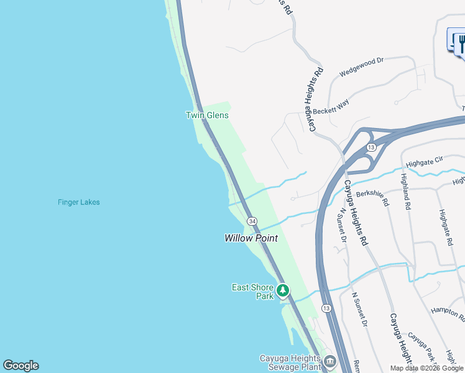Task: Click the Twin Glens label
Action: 207,115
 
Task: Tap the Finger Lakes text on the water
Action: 78,202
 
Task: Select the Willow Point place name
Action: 251,238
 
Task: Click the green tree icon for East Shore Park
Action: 283,290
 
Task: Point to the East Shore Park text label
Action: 252,292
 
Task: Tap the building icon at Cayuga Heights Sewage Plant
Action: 329,361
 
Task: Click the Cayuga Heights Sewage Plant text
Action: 290,362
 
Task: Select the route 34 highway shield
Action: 252,221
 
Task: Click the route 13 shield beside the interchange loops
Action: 371,147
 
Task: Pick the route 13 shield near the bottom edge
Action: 326,308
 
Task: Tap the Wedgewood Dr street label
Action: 362,67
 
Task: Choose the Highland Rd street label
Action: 407,191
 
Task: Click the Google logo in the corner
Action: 21,366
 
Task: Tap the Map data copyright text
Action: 426,368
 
